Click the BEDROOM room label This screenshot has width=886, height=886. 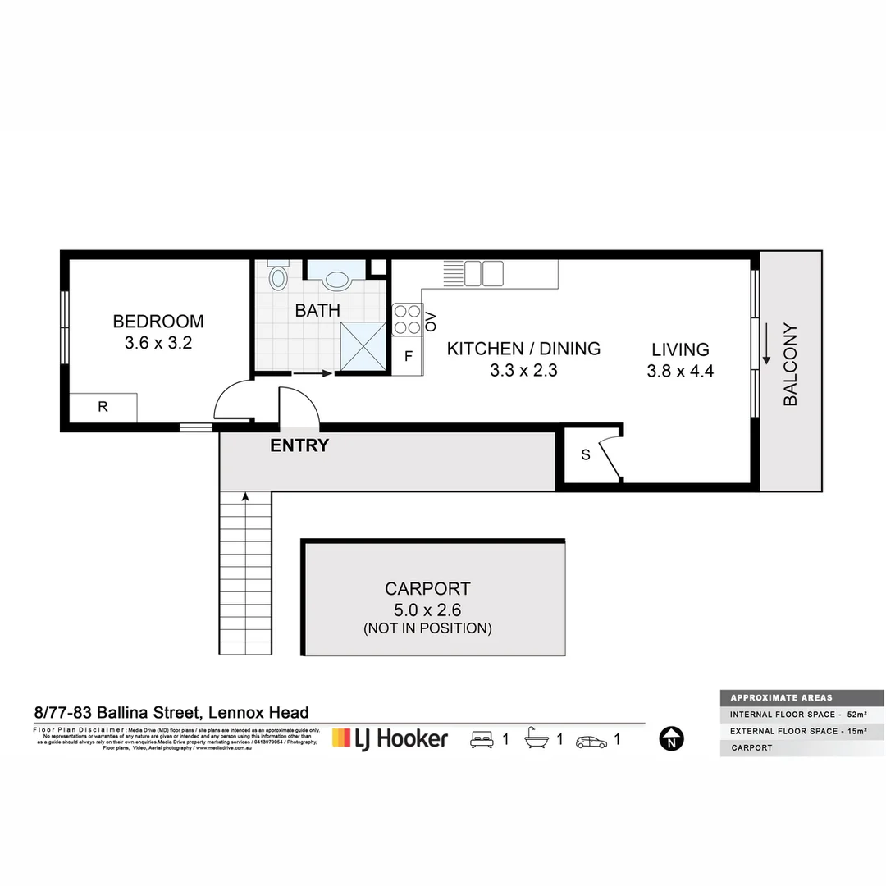[x=158, y=322]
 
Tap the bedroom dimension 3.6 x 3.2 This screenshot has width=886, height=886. [x=158, y=344]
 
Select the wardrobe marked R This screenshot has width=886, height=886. [x=103, y=407]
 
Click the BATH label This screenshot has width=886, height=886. [x=317, y=311]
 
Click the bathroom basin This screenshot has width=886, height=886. [x=336, y=280]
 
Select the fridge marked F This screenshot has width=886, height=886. [x=407, y=357]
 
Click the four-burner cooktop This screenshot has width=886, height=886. [x=407, y=319]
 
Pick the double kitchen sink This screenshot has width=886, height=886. [x=483, y=273]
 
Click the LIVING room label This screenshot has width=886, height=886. [x=680, y=349]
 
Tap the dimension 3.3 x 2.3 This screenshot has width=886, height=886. [x=523, y=370]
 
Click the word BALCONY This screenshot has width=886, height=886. [x=790, y=365]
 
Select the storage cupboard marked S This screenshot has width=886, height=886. [x=586, y=455]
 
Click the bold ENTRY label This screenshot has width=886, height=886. [x=299, y=445]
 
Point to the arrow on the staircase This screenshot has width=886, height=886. [x=244, y=497]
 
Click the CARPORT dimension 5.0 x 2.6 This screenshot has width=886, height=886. [x=427, y=610]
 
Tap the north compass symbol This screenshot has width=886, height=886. [x=671, y=739]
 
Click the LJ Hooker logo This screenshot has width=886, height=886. [x=390, y=738]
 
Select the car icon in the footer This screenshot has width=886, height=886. [x=591, y=741]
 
